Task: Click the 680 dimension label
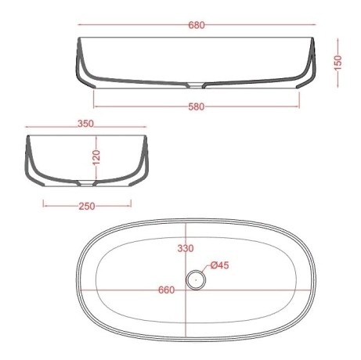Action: pyautogui.click(x=197, y=25)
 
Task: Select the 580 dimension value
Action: pyautogui.click(x=197, y=106)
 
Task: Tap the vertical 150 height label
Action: pyautogui.click(x=338, y=63)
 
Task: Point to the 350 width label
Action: pyautogui.click(x=85, y=124)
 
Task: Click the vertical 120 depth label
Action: pyautogui.click(x=96, y=157)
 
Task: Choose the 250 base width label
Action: pyautogui.click(x=87, y=206)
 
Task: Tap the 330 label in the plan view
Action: pyautogui.click(x=186, y=248)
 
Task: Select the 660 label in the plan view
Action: pyautogui.click(x=167, y=290)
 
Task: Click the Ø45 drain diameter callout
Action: pyautogui.click(x=220, y=265)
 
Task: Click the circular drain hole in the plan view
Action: pyautogui.click(x=196, y=280)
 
